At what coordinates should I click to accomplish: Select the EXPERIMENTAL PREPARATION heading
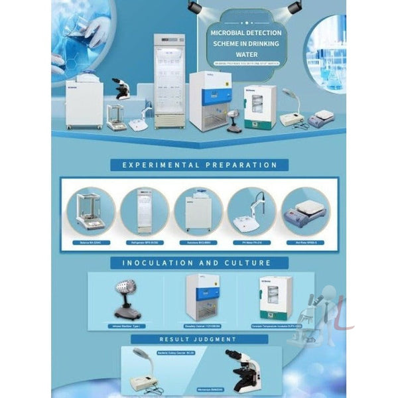click(198, 165)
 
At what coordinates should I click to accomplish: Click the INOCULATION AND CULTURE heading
click(198, 263)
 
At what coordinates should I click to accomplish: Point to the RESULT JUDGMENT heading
click(198, 339)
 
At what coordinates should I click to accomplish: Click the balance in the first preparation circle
click(90, 211)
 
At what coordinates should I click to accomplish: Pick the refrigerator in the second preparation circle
click(144, 211)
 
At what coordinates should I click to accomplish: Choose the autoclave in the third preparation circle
click(198, 211)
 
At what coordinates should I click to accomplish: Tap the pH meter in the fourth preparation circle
click(251, 211)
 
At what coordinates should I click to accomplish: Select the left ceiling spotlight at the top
click(194, 7)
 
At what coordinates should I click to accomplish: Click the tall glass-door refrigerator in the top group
click(169, 80)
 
